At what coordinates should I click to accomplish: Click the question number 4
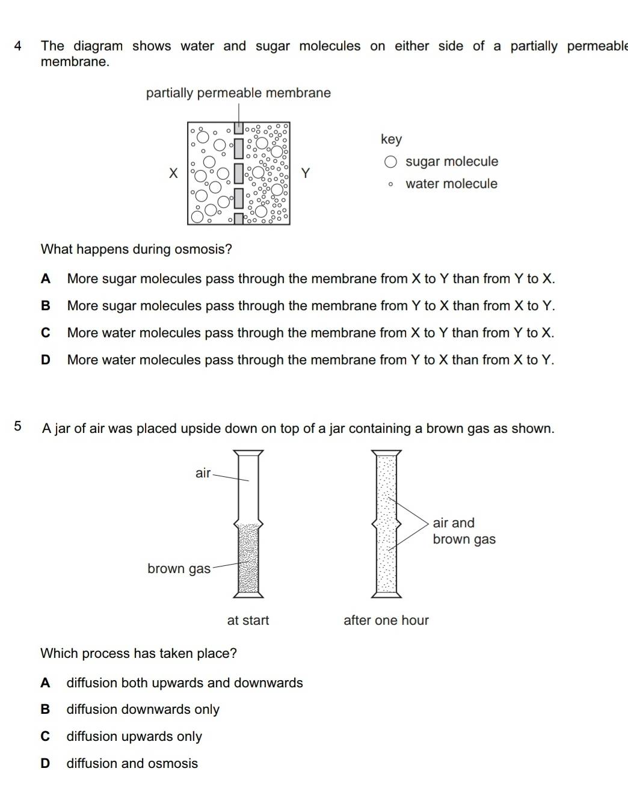(18, 46)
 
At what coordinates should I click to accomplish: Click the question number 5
(18, 427)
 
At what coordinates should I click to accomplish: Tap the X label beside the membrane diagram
(173, 174)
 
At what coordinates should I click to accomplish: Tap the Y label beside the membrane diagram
(306, 174)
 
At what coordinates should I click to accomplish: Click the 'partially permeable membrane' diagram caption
(238, 93)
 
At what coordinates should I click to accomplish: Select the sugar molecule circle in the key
(390, 162)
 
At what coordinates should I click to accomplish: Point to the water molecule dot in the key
(390, 185)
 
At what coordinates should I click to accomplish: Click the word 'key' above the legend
(391, 140)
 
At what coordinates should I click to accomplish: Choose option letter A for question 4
(46, 279)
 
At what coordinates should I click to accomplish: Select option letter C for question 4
(46, 333)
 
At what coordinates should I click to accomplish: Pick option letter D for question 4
(46, 360)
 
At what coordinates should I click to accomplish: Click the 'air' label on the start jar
(203, 473)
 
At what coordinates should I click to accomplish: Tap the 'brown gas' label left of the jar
(179, 569)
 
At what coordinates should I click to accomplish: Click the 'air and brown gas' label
(464, 531)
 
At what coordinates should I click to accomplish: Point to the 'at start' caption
(248, 621)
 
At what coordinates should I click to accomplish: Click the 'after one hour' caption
(386, 621)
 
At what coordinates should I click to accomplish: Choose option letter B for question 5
(45, 710)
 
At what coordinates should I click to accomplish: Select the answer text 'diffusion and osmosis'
(132, 764)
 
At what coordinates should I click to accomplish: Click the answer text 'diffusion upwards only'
(134, 737)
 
